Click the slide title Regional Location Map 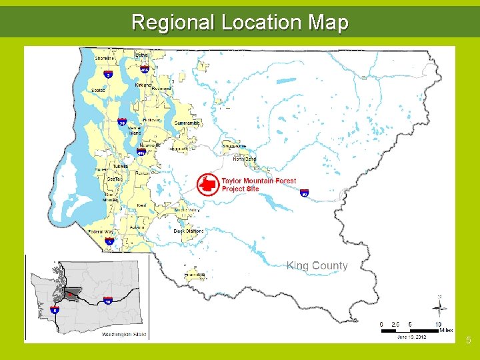tap(240, 22)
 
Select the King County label tap(317, 265)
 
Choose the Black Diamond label tap(189, 231)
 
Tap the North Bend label tap(244, 159)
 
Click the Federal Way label tap(100, 232)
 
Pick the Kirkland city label tap(143, 85)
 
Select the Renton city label tap(143, 172)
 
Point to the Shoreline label tap(105, 59)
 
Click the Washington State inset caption tap(125, 335)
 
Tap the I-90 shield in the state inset tap(108, 301)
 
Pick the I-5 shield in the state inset tap(54, 310)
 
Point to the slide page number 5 tap(469, 341)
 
